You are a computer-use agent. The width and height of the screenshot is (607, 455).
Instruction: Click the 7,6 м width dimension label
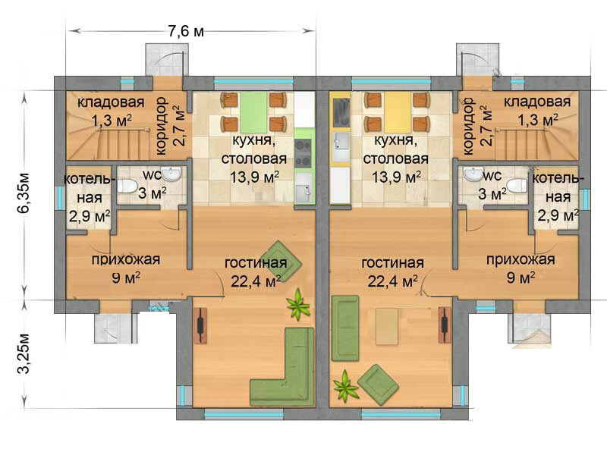[186, 31]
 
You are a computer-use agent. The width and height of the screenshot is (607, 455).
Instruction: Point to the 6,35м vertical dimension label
[24, 193]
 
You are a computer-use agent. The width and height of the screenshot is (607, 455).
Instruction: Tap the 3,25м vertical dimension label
[24, 353]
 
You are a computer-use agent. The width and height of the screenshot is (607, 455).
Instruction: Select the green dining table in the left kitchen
[255, 112]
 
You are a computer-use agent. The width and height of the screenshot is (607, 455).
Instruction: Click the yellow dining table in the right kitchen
[397, 112]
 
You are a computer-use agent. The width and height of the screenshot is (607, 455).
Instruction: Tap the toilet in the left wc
[127, 187]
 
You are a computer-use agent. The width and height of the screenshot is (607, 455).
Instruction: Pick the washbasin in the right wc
[472, 174]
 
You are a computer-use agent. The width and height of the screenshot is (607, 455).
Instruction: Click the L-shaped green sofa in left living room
[287, 368]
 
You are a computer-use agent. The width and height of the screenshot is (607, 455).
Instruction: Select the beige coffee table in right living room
[387, 326]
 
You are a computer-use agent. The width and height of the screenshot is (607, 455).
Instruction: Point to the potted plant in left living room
[298, 305]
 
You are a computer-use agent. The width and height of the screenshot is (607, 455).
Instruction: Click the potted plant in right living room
[345, 386]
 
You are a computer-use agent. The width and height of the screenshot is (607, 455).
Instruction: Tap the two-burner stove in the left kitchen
[303, 153]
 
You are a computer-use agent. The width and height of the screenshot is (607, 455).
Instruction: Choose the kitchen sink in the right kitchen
[341, 141]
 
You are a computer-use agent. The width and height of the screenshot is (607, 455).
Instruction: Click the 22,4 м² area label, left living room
[256, 281]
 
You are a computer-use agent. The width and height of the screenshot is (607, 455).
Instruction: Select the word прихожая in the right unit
[521, 259]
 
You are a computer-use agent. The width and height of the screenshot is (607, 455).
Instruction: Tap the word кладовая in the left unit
[111, 102]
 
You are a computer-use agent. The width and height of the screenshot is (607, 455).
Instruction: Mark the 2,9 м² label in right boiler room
[558, 215]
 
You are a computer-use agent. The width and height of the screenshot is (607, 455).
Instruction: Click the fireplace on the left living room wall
[200, 325]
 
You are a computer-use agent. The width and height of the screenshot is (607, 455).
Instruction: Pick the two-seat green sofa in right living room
[345, 328]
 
